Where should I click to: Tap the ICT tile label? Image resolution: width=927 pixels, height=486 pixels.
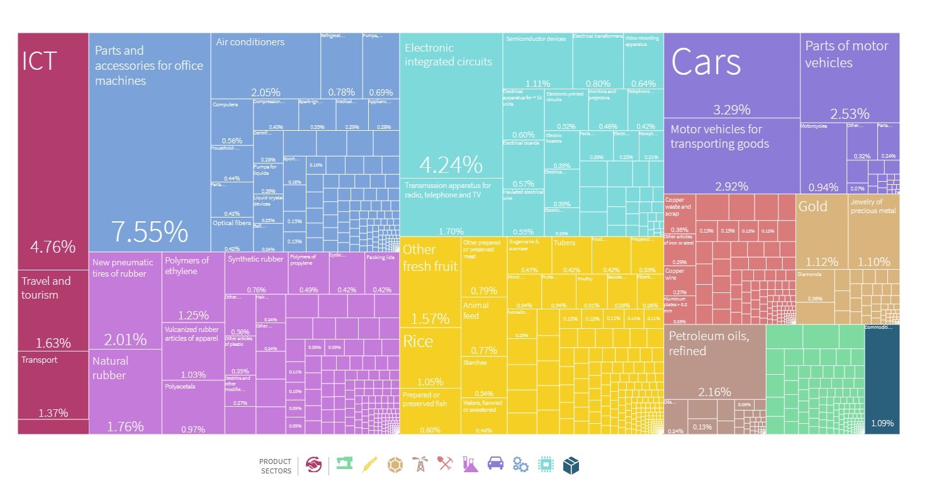click(x=40, y=62)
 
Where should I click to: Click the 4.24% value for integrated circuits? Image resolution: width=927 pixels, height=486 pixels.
click(x=451, y=165)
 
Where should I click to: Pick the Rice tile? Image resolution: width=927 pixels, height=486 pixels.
click(x=430, y=358)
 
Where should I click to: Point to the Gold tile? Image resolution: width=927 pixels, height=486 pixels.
click(x=821, y=233)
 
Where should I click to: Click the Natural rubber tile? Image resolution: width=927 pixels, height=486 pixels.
click(x=125, y=390)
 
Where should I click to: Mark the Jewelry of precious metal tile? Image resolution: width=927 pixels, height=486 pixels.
click(x=874, y=233)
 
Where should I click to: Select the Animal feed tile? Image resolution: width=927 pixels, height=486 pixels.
click(x=483, y=327)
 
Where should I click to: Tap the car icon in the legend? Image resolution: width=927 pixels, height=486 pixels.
click(x=496, y=464)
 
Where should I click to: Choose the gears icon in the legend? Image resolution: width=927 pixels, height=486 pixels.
click(x=520, y=464)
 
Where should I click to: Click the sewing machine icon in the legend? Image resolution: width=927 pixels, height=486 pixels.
click(x=344, y=464)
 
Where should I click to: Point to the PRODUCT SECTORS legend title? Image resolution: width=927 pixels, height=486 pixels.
click(x=276, y=466)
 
